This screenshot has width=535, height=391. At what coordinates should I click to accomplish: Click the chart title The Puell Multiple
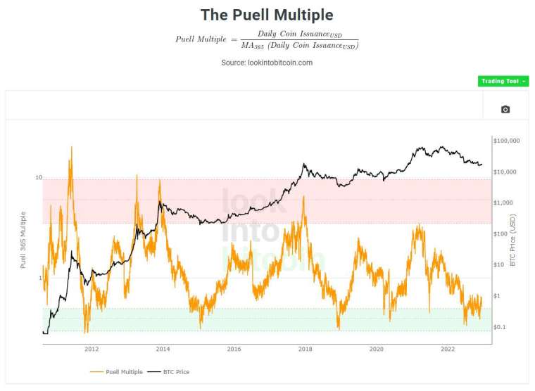[x=267, y=15]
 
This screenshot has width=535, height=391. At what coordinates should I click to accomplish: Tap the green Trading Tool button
[x=503, y=82]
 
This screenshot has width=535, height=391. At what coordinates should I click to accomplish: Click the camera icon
[x=505, y=109]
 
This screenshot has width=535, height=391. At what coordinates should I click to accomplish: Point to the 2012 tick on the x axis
[x=92, y=349]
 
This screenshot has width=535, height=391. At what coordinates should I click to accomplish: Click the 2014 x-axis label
[x=163, y=349]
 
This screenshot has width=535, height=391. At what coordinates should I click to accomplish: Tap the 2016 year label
[x=234, y=349]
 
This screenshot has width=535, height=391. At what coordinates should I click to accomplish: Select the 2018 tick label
[x=306, y=349]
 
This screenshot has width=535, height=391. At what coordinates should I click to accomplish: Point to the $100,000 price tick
[x=507, y=141]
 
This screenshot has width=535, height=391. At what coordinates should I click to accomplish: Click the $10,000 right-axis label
[x=505, y=172]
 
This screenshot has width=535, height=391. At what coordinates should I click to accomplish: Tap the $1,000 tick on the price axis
[x=504, y=203]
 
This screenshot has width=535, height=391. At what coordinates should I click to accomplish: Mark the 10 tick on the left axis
[x=39, y=178]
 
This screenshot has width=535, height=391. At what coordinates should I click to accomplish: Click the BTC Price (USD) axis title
[x=512, y=242]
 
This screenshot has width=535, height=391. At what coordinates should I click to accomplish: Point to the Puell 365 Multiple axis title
[x=23, y=240]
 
